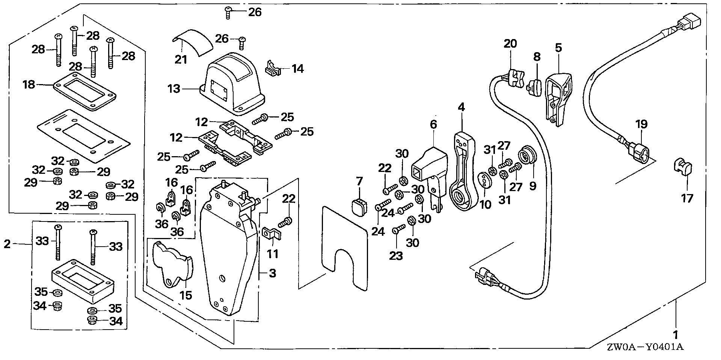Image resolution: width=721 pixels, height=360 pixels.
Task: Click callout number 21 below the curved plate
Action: (181, 59)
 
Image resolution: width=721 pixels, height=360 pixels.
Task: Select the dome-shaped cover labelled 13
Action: (232, 87)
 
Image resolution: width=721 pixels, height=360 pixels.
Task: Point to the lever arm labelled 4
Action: (462, 173)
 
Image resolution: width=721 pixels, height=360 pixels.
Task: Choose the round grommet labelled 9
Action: (526, 157)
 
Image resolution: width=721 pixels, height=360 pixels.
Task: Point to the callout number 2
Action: (7, 244)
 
